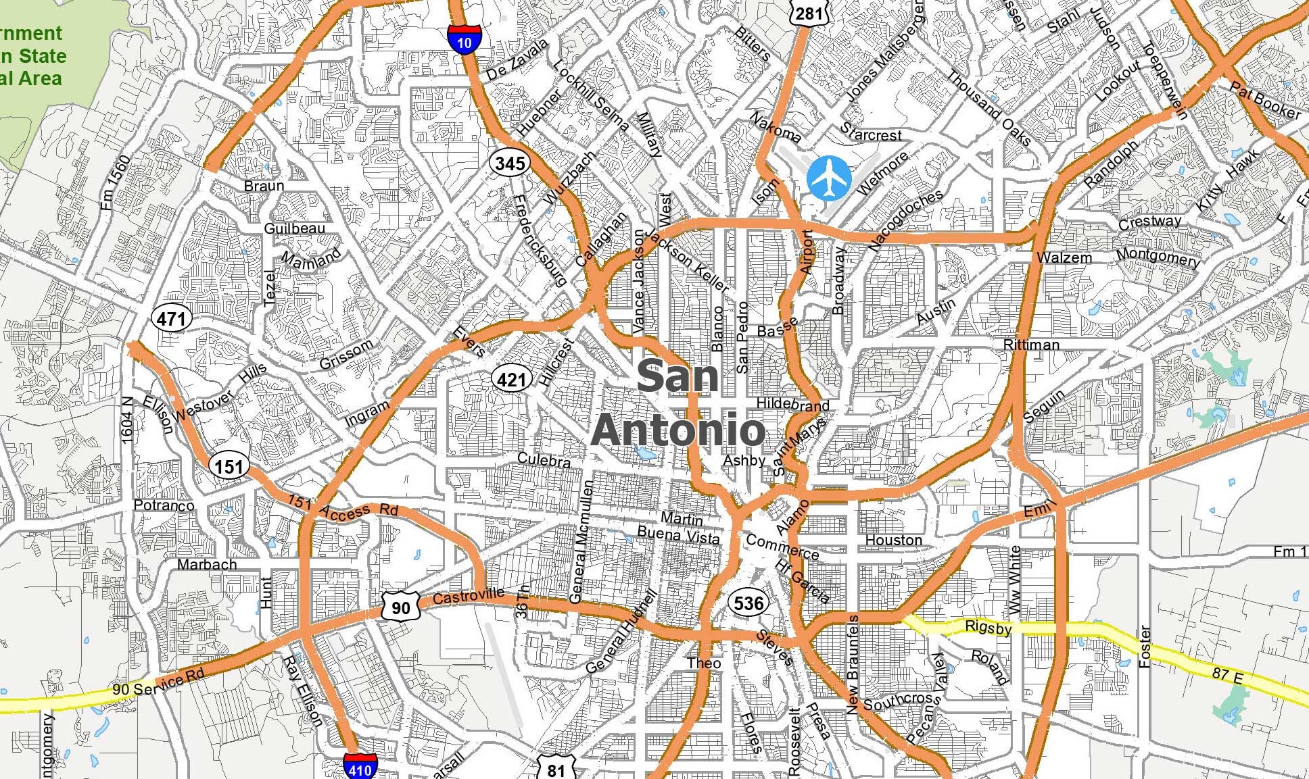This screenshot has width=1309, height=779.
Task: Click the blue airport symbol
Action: tap(829, 178)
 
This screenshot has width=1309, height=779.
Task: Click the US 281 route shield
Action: tap(809, 13)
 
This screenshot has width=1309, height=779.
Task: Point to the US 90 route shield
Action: tap(400, 606)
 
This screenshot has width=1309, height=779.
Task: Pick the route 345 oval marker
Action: tap(510, 163)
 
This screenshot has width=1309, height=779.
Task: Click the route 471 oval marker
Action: tap(172, 318)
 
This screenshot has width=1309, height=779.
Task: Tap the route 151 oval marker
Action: tap(229, 466)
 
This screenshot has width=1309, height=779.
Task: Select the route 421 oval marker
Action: tap(510, 380)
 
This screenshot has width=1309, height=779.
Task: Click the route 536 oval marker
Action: tap(748, 603)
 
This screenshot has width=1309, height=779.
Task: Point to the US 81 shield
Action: tap(556, 769)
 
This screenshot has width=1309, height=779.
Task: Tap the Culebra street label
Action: tap(544, 460)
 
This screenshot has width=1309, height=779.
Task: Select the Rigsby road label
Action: tap(988, 627)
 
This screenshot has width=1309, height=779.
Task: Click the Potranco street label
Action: tap(164, 505)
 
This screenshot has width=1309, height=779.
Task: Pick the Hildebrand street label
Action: tap(792, 404)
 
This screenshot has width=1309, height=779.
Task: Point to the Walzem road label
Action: tap(1064, 257)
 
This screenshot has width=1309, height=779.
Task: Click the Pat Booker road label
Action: tap(1265, 100)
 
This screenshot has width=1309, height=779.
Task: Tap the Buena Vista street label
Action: tap(679, 535)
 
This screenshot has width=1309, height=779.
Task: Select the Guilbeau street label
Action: tap(294, 228)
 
